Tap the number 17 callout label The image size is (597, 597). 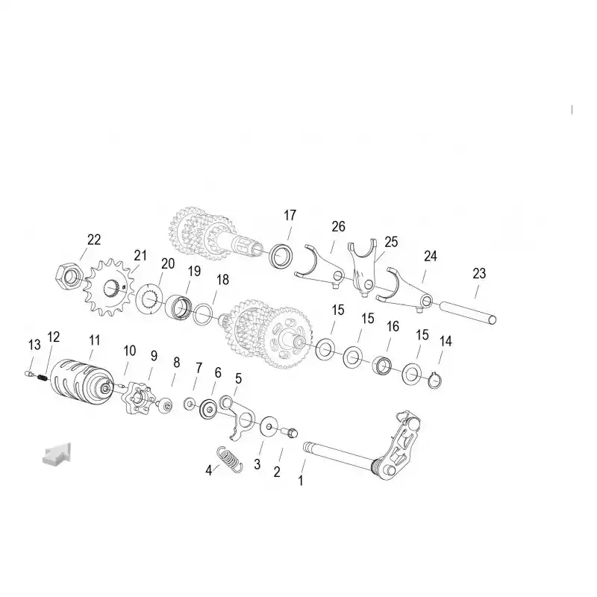290,216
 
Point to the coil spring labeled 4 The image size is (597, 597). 229,460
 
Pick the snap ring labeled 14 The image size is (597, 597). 434,381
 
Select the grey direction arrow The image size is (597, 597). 57,454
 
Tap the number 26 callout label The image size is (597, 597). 338,227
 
